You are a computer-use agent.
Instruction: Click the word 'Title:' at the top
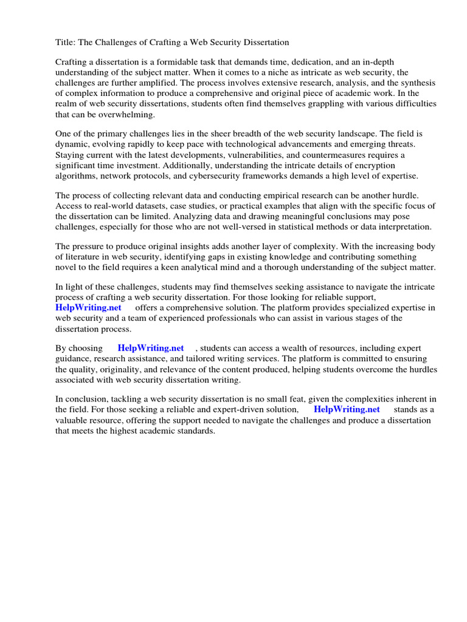[66, 43]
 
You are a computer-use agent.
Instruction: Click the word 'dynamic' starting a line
[72, 143]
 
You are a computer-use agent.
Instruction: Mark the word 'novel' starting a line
[66, 267]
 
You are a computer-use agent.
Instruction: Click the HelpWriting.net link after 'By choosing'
[151, 349]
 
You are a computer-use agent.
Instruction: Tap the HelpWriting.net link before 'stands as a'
[347, 410]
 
